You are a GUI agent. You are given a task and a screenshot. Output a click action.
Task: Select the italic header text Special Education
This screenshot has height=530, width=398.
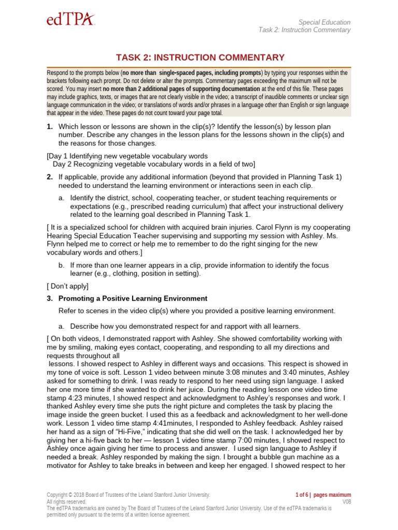pos(324,22)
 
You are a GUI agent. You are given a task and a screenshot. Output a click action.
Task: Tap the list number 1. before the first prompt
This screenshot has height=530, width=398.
pos(50,127)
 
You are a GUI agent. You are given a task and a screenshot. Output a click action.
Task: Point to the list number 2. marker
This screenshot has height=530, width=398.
pos(50,177)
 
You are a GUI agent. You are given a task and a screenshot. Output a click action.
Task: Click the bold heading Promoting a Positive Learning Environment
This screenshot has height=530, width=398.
pos(133,299)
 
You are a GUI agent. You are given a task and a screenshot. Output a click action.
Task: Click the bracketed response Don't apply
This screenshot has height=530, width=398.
pos(68,286)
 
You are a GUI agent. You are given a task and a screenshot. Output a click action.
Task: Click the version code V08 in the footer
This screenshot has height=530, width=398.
pos(346,502)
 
